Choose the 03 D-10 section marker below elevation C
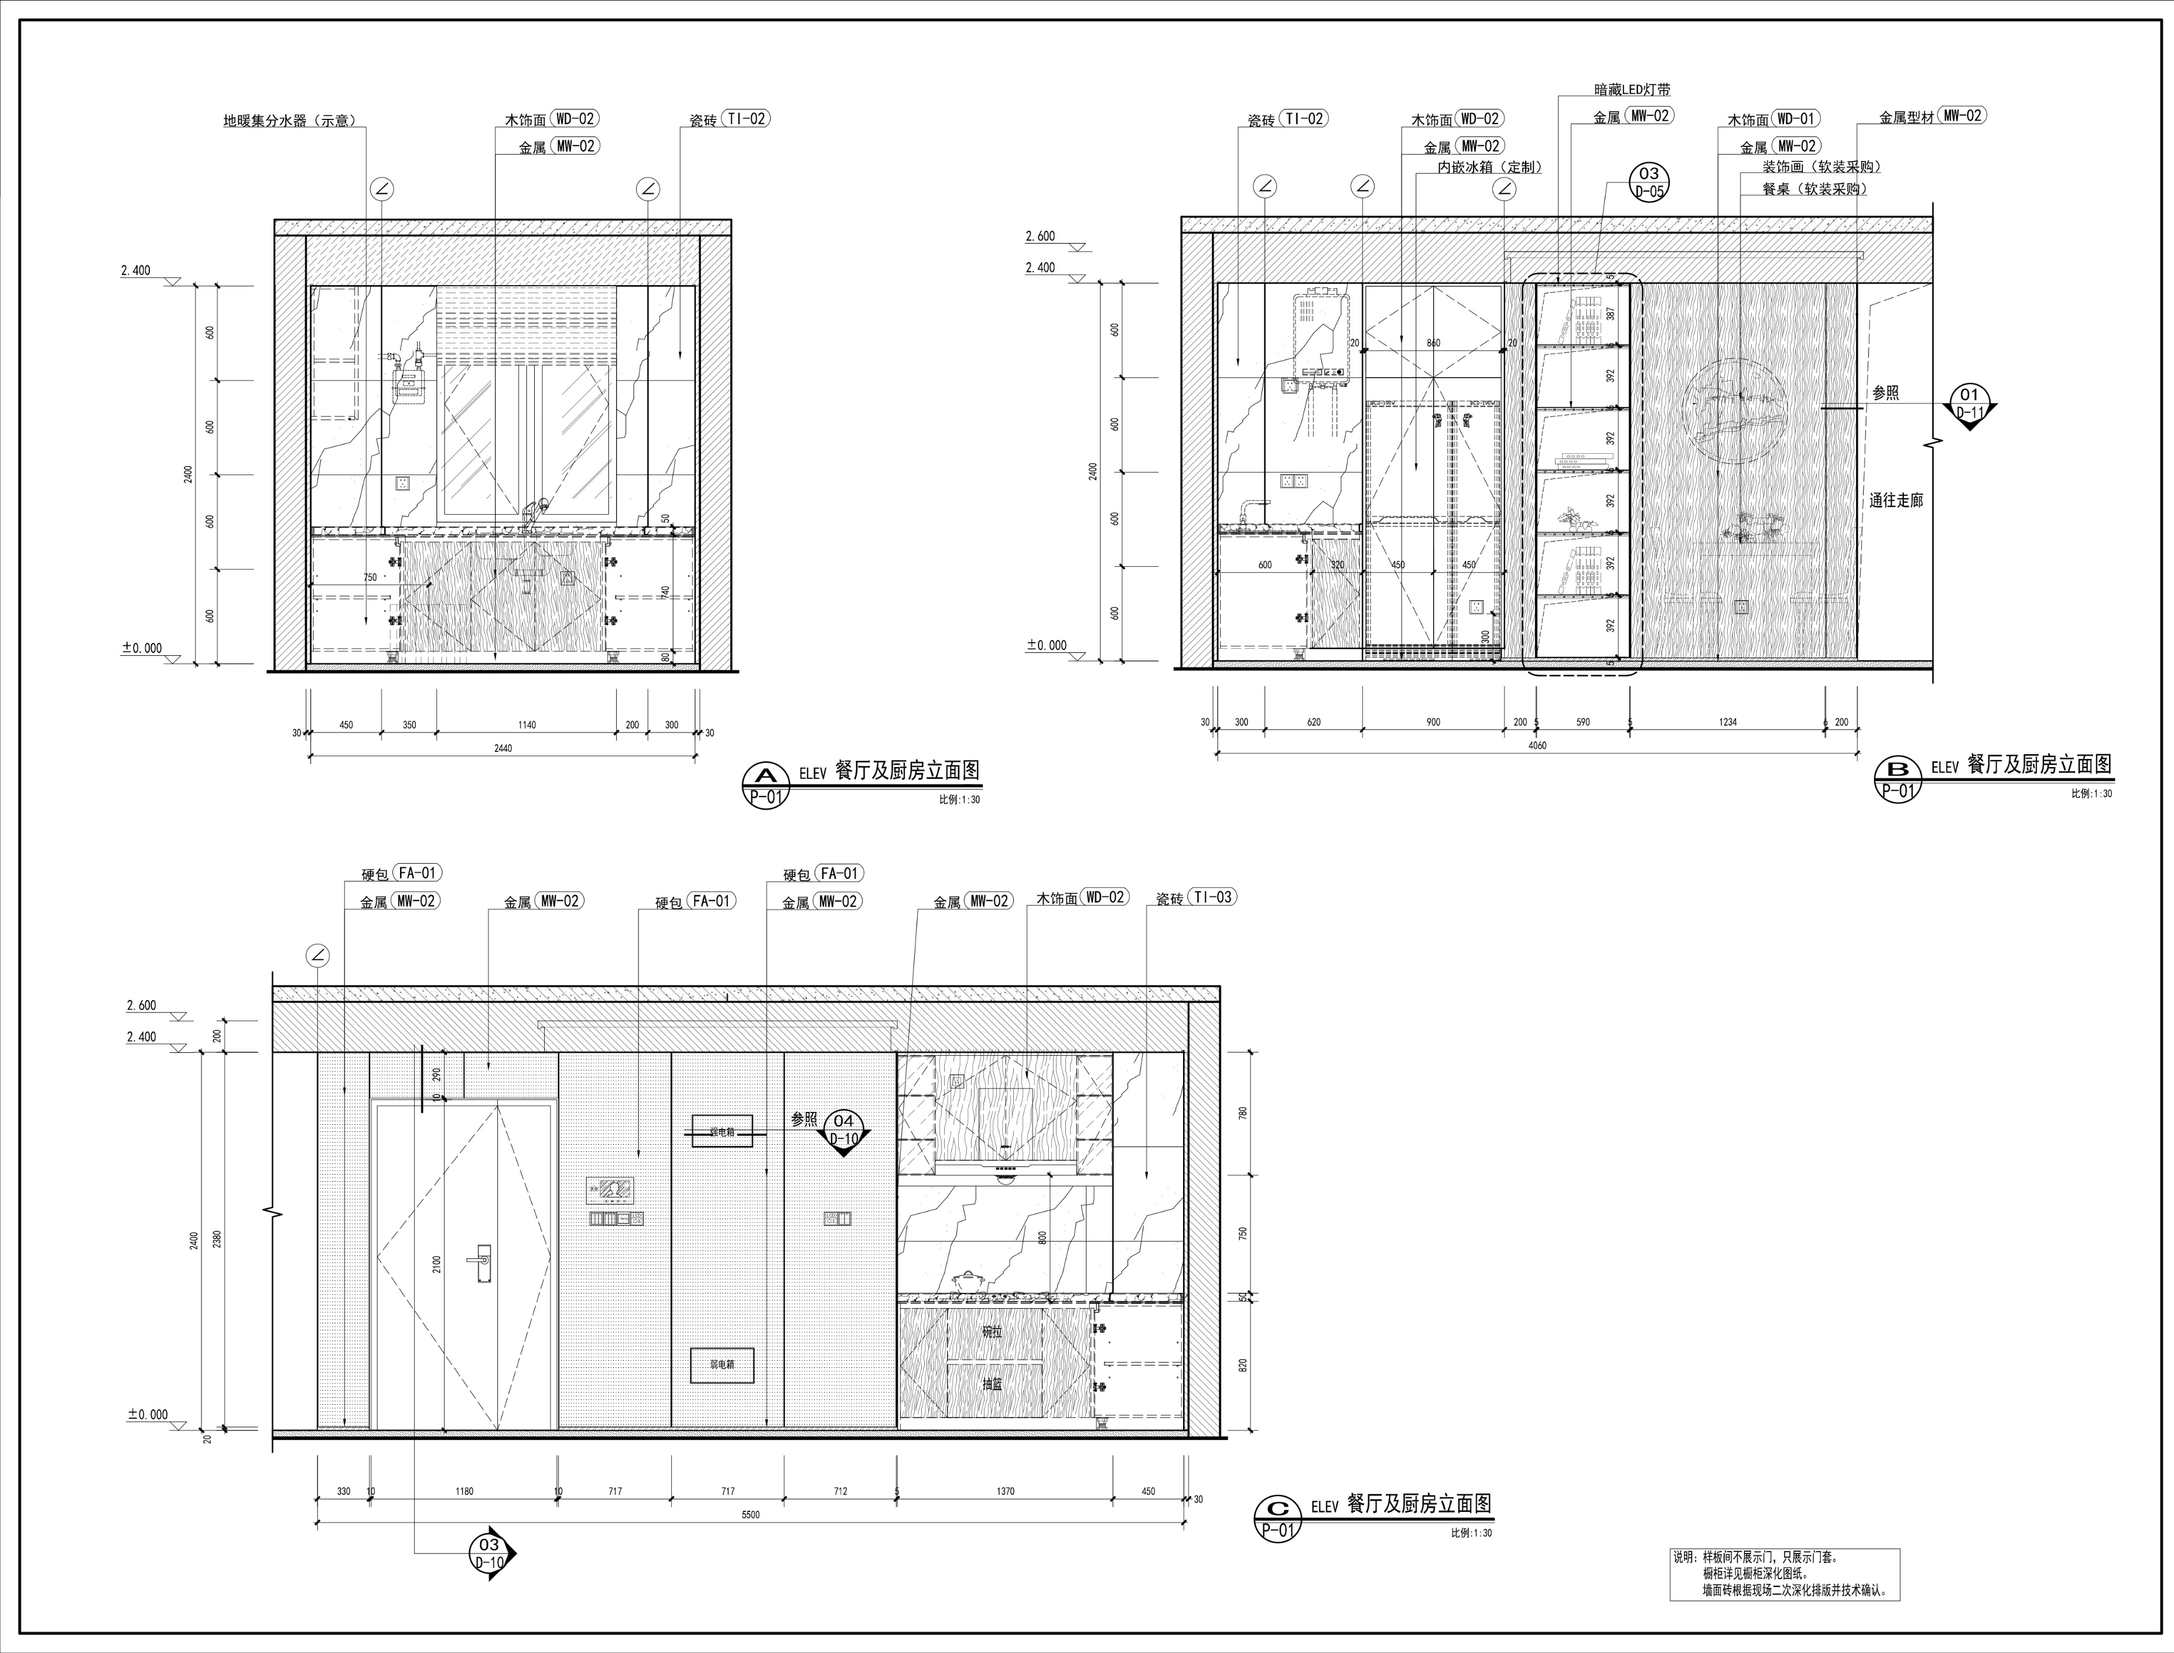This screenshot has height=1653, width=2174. click(x=490, y=1553)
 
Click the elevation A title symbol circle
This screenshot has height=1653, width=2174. click(x=765, y=784)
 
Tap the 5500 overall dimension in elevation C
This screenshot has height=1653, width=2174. click(x=750, y=1515)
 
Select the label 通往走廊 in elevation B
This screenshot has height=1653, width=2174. click(x=1895, y=501)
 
